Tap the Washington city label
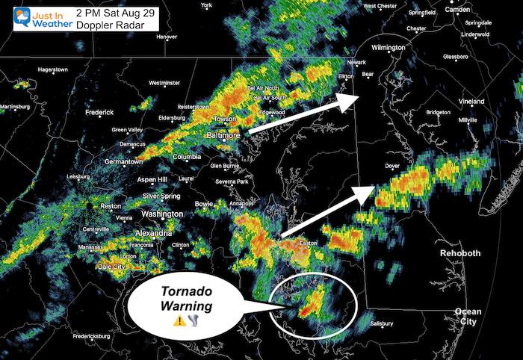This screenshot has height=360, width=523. click(162, 214)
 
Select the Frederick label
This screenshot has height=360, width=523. click(99, 113)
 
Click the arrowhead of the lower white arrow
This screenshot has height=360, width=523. click(365, 192)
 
